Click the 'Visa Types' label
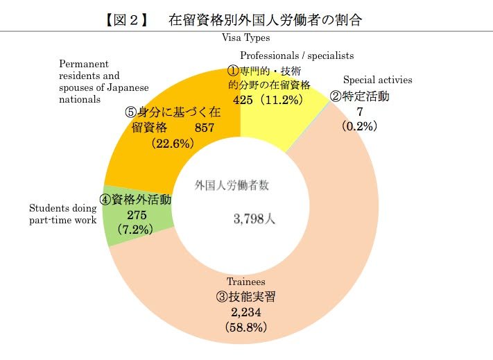tap(245, 38)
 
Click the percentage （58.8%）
tap(245, 325)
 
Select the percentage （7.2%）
tap(135, 228)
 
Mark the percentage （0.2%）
tap(358, 126)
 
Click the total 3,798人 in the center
tap(255, 219)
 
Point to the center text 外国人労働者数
tap(232, 185)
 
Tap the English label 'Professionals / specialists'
tap(297, 55)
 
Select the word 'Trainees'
tap(245, 282)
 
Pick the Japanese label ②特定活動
tap(359, 96)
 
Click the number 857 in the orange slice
tap(204, 128)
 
